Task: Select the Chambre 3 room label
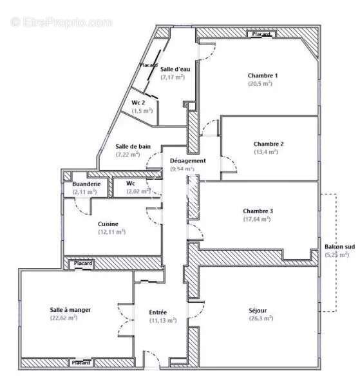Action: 258,211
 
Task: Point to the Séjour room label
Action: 261,310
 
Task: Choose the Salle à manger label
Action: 70,309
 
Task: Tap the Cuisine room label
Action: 108,224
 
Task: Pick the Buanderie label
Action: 77,184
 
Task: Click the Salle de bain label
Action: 133,146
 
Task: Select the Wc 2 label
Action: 138,102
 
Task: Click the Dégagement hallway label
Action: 187,160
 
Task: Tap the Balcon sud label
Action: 339,247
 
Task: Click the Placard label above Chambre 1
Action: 261,34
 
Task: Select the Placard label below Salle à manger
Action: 81,363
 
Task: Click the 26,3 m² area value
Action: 261,318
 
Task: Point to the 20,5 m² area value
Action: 260,83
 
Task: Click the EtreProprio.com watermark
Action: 61,22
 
